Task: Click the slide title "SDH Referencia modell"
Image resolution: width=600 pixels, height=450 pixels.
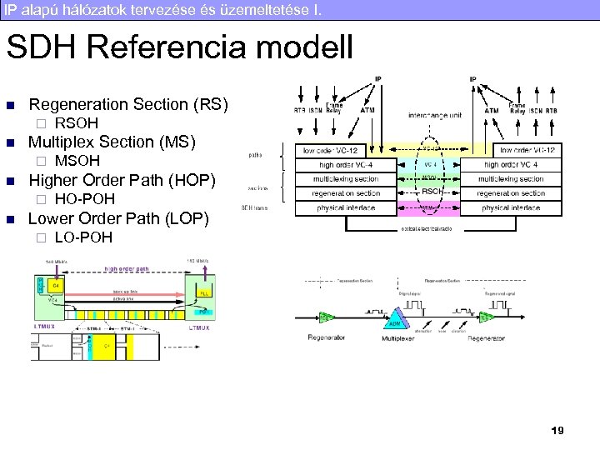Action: point(180,47)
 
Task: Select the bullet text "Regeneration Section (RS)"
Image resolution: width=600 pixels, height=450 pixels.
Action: point(127,104)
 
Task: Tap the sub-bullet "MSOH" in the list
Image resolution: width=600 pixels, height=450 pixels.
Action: point(77,160)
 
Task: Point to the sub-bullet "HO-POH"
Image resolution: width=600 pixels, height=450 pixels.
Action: point(84,199)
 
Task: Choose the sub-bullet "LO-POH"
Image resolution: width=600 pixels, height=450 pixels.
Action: point(82,237)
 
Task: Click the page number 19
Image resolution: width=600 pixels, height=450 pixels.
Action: point(557,431)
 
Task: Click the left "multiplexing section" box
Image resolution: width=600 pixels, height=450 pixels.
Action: point(346,179)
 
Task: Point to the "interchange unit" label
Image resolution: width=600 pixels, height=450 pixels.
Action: point(435,114)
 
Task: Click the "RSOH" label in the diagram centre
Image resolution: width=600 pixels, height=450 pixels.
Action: point(431,191)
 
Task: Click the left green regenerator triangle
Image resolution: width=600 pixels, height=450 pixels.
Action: point(327,318)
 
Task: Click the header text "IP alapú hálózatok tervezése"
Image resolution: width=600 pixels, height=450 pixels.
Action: point(125,9)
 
